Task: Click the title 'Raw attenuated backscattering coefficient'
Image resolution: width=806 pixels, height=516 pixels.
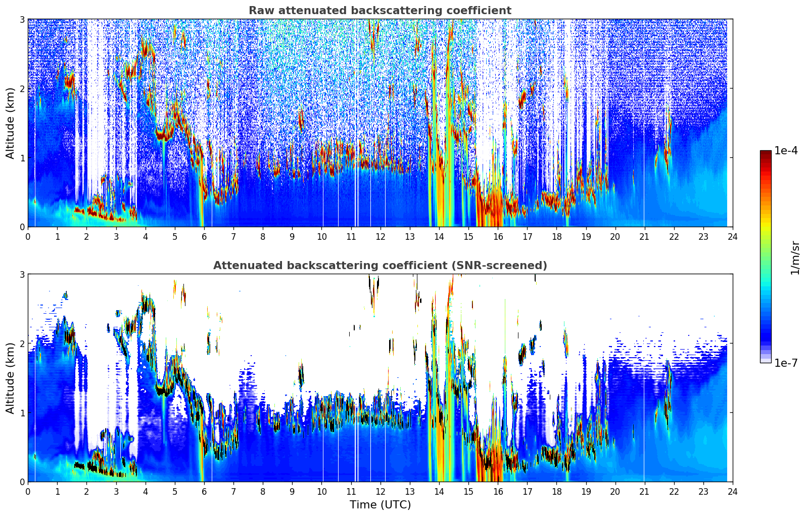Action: tap(380, 11)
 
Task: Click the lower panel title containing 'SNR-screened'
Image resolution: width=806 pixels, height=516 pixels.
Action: tap(380, 266)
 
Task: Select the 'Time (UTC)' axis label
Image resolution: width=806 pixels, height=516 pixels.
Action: tap(380, 505)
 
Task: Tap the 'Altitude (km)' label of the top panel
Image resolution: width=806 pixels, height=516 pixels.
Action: tap(11, 123)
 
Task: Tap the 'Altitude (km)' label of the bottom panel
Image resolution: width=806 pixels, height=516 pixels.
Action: tap(11, 378)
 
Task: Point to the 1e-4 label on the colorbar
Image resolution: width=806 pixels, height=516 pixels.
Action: tap(786, 151)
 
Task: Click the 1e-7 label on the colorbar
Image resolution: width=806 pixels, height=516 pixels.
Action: tap(786, 363)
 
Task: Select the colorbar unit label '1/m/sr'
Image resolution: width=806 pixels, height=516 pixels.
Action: tap(795, 257)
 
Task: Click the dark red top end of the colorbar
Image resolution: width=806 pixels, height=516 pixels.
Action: tap(765, 152)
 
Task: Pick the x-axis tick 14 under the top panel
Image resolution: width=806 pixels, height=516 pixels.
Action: tap(439, 237)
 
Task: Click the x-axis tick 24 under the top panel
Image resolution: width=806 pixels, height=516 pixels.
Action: tap(733, 237)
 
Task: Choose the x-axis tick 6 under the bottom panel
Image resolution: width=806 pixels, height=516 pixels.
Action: tap(204, 492)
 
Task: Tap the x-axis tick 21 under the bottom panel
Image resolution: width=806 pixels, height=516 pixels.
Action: tap(644, 492)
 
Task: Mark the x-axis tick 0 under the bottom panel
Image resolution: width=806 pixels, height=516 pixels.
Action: tap(28, 492)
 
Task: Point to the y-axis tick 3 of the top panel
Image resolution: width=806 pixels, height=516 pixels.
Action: tap(22, 19)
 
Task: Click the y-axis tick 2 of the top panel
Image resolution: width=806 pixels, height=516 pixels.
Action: tap(22, 89)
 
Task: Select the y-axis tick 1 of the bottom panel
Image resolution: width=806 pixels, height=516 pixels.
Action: tap(22, 413)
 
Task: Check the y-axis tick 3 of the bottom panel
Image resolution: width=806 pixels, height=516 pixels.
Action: tap(22, 274)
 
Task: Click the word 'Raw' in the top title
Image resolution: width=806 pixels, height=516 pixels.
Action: tap(259, 11)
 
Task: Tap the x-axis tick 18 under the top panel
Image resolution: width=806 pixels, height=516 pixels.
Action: tap(556, 237)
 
